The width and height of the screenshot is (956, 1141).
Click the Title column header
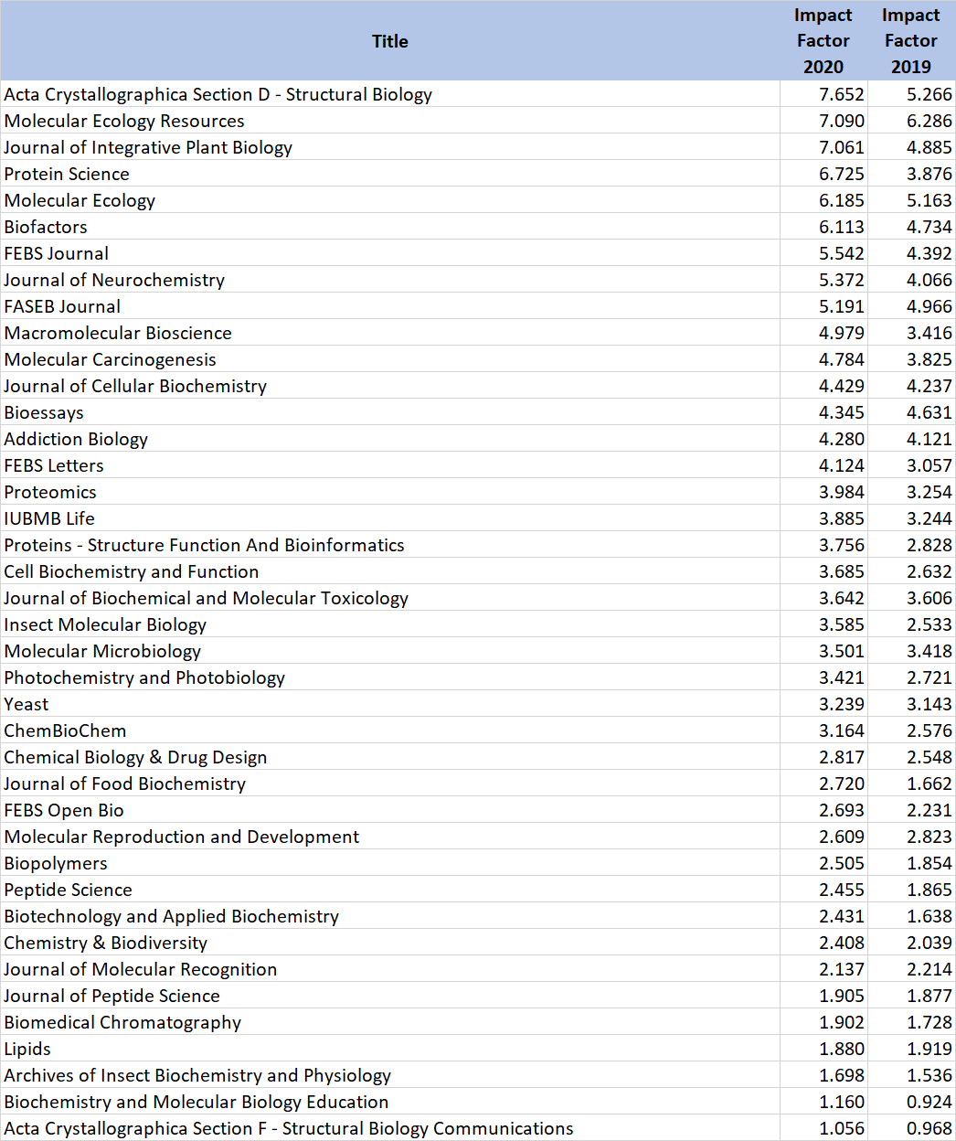point(389,41)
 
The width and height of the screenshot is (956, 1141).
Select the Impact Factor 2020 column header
point(823,41)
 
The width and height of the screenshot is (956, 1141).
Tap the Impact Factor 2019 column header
point(910,41)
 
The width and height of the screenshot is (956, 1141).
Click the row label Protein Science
point(67,174)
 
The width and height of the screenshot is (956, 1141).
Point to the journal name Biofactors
point(46,227)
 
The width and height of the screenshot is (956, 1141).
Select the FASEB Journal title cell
point(62,306)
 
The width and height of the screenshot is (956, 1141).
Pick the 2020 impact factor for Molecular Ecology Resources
point(841,121)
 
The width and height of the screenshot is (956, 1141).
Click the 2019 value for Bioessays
point(929,412)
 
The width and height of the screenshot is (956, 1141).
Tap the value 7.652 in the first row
point(841,94)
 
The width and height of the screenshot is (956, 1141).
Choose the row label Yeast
point(27,704)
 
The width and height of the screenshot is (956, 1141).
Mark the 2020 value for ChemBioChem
point(841,730)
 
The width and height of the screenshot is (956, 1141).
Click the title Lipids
point(27,1049)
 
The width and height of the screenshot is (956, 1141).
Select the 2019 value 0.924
point(929,1102)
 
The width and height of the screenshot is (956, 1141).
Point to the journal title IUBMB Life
point(49,518)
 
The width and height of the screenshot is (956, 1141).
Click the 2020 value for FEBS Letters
point(841,465)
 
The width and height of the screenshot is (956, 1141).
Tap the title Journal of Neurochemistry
point(114,280)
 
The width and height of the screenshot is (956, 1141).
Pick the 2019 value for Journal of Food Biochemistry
point(929,784)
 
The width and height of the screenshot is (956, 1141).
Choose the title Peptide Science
point(68,890)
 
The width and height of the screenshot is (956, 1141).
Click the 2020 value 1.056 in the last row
point(841,1128)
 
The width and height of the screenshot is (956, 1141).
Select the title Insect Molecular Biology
point(105,624)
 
